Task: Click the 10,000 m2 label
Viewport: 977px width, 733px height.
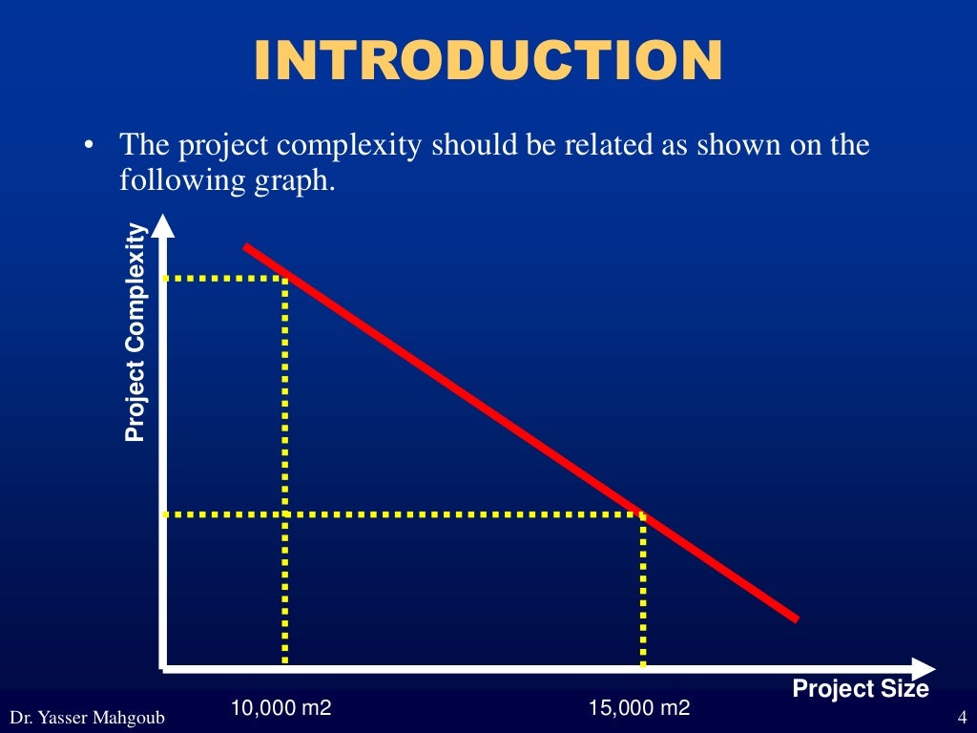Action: point(281,707)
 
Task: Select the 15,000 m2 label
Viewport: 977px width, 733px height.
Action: point(639,707)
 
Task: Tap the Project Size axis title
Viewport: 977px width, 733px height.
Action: point(860,688)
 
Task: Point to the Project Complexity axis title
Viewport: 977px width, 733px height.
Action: point(135,332)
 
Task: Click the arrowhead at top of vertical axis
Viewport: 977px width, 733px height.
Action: point(164,226)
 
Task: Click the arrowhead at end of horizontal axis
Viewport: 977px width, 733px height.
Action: point(924,668)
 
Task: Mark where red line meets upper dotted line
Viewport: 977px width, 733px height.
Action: point(285,277)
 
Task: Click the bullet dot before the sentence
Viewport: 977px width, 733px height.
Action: point(89,147)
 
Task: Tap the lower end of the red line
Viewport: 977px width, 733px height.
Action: point(796,618)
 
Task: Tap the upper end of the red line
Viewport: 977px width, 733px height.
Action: point(246,246)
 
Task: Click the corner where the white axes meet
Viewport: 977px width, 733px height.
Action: point(165,667)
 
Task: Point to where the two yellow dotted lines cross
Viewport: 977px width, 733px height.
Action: point(285,513)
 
